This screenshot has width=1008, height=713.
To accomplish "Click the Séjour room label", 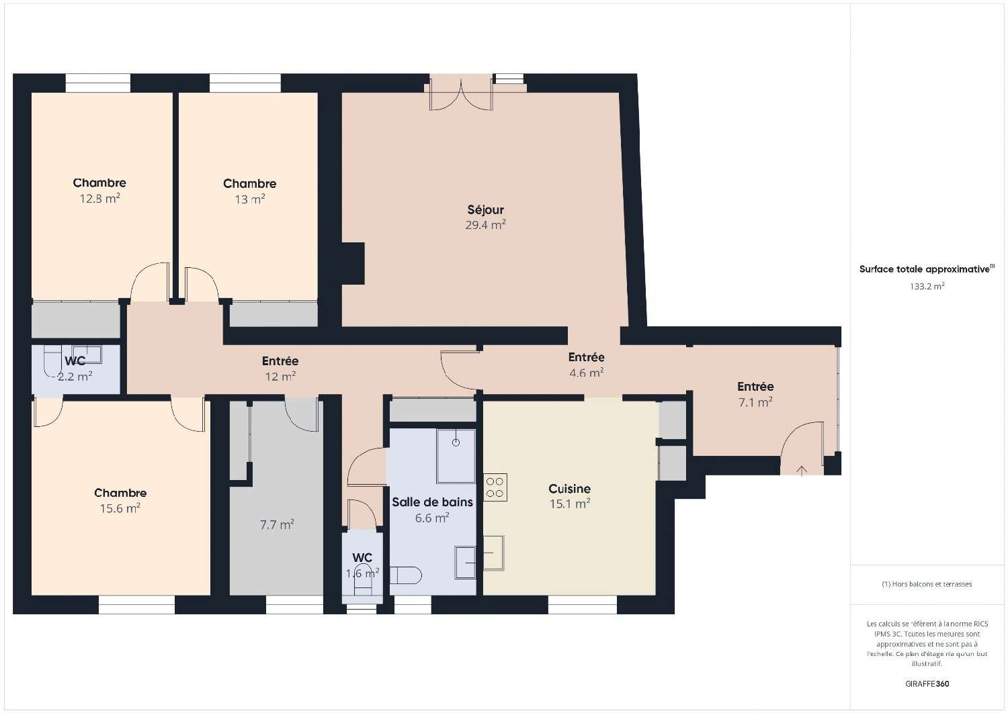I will coord(485,209).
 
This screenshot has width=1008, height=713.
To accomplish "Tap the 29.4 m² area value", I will coord(485,226).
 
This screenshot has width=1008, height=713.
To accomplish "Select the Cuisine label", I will coord(569,489).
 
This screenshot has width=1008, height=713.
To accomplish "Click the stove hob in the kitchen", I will coord(495,487).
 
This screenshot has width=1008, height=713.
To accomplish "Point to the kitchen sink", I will coord(493,553).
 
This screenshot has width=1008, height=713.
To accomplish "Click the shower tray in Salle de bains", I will coord(456,455).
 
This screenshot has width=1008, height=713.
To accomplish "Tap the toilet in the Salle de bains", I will coord(408,575).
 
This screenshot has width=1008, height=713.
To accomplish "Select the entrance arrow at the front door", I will coord(801,471).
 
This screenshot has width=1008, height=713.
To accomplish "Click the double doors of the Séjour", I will coord(462,94).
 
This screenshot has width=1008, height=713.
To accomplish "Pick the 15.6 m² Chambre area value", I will coord(120,509).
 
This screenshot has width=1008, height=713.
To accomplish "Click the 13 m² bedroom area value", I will coord(249,199).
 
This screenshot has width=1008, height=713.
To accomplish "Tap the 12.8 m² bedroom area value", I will coord(99,199).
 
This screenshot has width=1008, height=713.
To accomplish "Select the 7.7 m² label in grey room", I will coord(277,525).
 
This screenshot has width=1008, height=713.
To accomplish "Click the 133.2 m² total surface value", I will coord(927,286).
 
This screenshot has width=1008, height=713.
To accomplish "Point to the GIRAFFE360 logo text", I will coord(927,684).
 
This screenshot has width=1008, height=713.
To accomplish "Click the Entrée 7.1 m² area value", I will coord(755,402).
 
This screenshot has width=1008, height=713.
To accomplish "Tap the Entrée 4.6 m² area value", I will coord(586,373).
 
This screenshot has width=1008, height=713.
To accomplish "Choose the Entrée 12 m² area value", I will coord(280,377).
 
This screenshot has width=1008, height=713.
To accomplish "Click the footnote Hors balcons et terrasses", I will coord(927,584).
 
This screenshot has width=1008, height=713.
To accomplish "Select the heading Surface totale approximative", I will coord(925,269).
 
